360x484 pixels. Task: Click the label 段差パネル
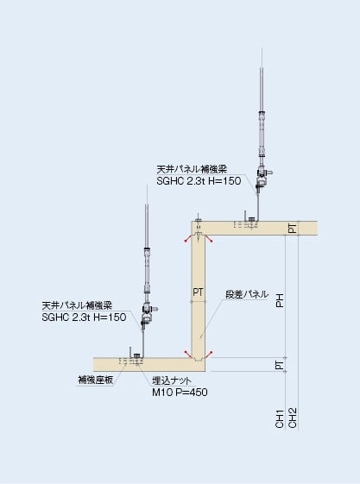(247, 294)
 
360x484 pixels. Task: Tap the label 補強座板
(96, 380)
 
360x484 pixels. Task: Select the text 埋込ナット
(172, 380)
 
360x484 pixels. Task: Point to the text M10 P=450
(180, 393)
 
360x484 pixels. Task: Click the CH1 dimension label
(280, 419)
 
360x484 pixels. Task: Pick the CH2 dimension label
(293, 418)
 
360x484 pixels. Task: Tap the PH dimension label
(280, 300)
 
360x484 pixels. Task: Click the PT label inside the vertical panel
(198, 292)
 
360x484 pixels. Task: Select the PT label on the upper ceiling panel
(293, 228)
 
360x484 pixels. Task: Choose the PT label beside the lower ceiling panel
(280, 365)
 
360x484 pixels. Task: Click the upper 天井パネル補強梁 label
(192, 169)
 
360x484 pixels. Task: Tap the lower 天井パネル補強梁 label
(77, 305)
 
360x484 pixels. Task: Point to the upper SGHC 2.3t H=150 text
(199, 181)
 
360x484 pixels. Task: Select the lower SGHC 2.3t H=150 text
(84, 317)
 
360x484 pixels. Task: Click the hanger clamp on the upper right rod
(262, 178)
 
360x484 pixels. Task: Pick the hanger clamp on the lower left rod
(148, 314)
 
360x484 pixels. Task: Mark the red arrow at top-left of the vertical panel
(187, 239)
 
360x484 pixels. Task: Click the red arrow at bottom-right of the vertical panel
(209, 354)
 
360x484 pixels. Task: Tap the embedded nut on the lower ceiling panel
(136, 357)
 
